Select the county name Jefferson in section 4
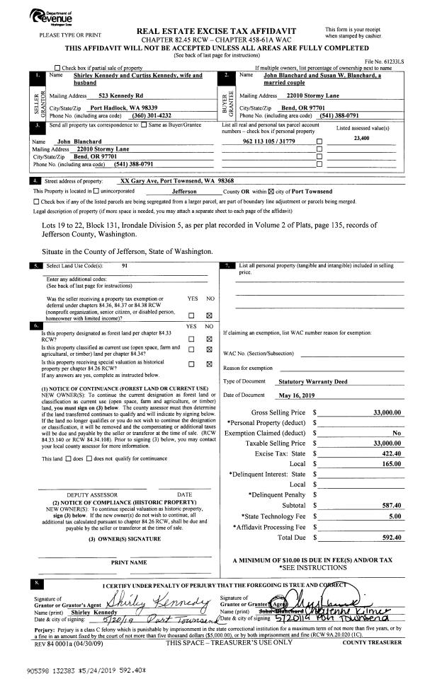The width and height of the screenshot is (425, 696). (x=183, y=191)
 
